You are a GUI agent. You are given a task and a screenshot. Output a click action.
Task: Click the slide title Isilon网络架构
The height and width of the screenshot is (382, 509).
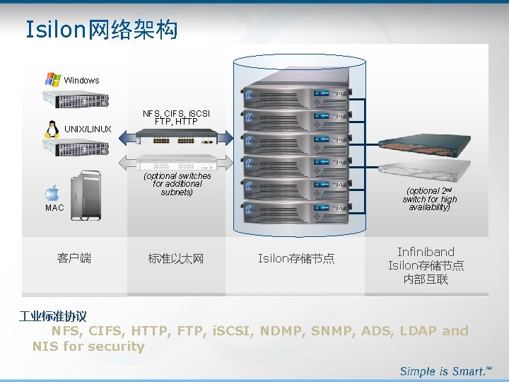click(x=101, y=30)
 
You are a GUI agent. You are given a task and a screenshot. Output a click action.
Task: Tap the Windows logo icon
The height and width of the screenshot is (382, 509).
click(x=52, y=79)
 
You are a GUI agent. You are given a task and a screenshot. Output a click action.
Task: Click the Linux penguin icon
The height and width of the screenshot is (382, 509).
click(x=52, y=128)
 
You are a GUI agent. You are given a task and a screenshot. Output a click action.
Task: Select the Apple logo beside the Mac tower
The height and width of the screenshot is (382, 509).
click(x=52, y=193)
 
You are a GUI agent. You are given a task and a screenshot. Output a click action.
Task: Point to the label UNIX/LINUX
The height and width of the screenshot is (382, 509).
click(x=88, y=129)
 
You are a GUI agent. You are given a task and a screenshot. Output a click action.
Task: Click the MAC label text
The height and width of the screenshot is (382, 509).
click(x=54, y=208)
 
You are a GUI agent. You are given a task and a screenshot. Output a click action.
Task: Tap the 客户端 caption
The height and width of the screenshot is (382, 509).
click(x=74, y=258)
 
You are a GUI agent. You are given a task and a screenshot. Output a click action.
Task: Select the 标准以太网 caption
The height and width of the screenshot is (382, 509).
click(x=176, y=259)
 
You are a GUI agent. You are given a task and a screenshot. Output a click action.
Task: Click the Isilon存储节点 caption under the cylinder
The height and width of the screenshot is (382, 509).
click(x=296, y=259)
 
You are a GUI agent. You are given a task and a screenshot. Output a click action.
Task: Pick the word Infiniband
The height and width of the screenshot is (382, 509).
click(x=426, y=252)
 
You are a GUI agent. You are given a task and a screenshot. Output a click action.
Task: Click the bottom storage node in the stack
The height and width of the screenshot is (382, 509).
click(x=296, y=209)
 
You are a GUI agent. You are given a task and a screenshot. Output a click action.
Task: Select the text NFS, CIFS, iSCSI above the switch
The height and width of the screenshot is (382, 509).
click(x=176, y=113)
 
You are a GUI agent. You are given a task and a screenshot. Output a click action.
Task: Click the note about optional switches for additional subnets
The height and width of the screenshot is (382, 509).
click(x=177, y=184)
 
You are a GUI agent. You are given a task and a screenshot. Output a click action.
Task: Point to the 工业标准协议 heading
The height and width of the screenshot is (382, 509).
click(x=53, y=316)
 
